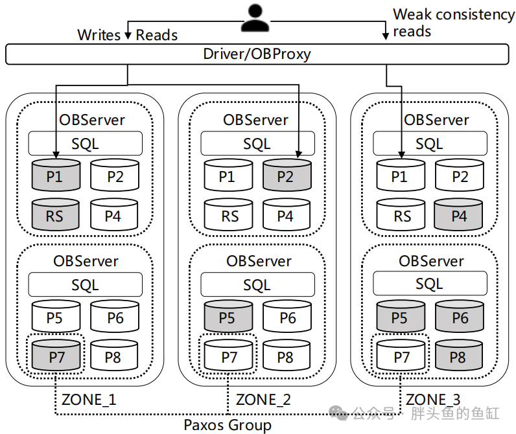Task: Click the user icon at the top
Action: click(255, 18)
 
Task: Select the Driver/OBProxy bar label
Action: click(257, 54)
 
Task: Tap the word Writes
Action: click(99, 35)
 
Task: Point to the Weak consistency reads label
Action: click(454, 23)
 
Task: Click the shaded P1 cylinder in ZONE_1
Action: click(56, 175)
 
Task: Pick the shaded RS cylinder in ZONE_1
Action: click(55, 214)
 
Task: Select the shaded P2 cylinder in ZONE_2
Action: click(287, 175)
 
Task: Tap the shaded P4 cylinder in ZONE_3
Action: click(458, 214)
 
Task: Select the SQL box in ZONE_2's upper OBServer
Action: click(257, 143)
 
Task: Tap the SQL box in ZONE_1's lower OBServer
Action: click(85, 284)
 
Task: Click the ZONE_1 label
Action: click(89, 400)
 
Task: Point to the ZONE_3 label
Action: click(433, 400)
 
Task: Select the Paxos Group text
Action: click(228, 425)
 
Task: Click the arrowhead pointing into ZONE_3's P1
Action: click(401, 155)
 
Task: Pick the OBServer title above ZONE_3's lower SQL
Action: click(432, 261)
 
